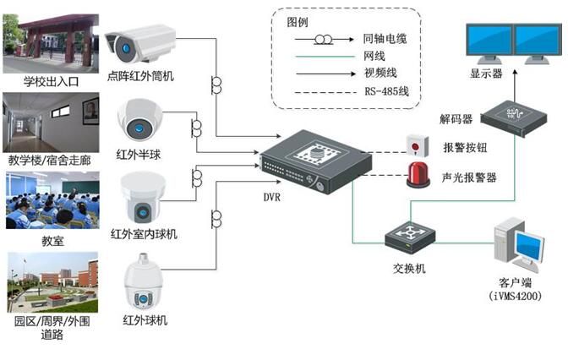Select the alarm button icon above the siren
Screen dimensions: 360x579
coord(414,144)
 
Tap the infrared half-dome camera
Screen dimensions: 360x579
coord(139,119)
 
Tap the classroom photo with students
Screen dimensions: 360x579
coord(51,200)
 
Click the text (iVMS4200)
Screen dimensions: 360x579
coord(514,297)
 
